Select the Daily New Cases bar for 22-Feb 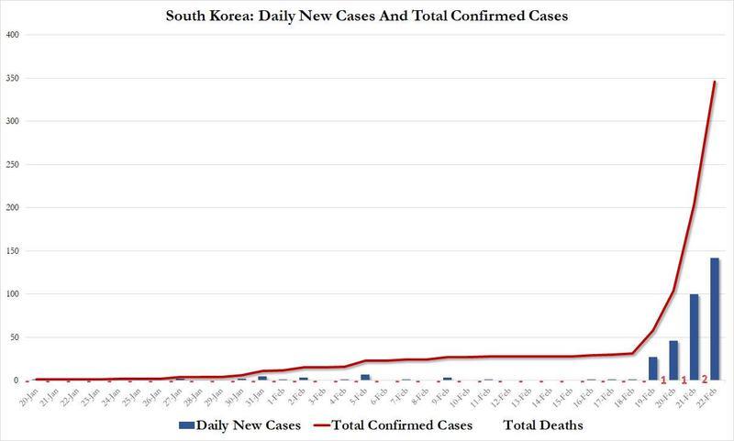pos(714,319)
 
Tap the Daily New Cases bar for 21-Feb pos(694,336)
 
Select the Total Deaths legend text pos(542,426)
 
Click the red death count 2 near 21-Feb pos(705,380)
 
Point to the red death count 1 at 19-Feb pos(662,380)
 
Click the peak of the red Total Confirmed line pos(714,83)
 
